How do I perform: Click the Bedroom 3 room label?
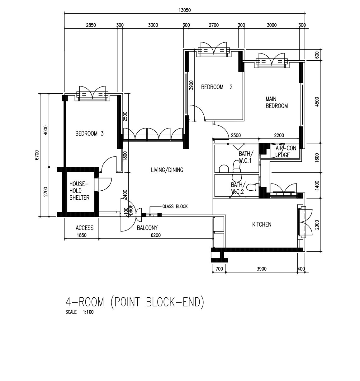point(89,133)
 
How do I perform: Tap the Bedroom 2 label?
point(217,87)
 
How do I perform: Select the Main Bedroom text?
point(277,102)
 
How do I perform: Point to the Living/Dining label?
point(167,170)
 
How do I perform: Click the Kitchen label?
point(262,225)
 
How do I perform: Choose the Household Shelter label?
point(79,191)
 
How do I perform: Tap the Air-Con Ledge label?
point(286,151)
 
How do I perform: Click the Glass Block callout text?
point(175,207)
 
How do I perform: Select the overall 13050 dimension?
point(185,10)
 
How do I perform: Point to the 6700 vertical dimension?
point(37,155)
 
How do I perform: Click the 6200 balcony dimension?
point(156,235)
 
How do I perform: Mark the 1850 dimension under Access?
point(82,235)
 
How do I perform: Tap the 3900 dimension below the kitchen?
point(262,269)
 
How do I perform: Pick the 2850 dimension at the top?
point(91,25)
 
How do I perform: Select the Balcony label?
point(147,228)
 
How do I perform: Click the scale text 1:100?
point(88,312)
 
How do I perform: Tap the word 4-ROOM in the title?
point(85,302)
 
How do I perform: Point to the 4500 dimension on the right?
point(317,102)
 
